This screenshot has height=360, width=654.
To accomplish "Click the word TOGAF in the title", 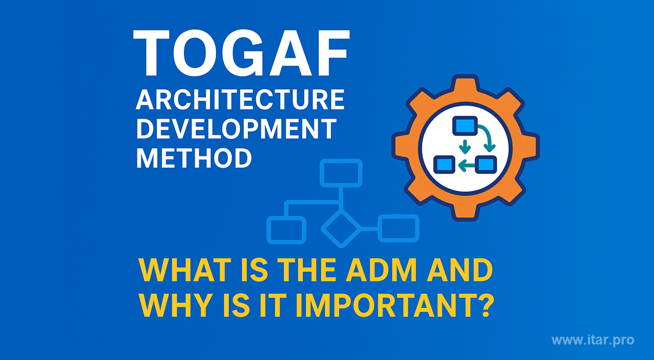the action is pos(241,53).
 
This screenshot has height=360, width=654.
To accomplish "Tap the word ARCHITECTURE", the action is pos(240,100).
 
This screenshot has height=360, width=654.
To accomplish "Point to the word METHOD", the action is pos(194,157).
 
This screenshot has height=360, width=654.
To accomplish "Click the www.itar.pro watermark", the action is pos(592,340).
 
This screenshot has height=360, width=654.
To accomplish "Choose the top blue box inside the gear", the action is pos(464,125).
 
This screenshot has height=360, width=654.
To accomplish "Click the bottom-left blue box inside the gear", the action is pos(444,164).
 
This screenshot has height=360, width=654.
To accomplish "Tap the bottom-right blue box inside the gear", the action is pos(486,164).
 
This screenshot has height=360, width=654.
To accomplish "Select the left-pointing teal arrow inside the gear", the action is pos(466,166).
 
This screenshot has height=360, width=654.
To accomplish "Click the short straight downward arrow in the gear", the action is pos(464,146).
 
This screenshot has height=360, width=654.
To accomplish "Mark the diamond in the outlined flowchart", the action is pos(341,228).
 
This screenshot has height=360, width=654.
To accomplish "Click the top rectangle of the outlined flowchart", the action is pos(341,172).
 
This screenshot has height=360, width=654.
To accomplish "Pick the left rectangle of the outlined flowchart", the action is pos(286,230).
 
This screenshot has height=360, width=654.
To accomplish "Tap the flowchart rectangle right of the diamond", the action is pos(398,228).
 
